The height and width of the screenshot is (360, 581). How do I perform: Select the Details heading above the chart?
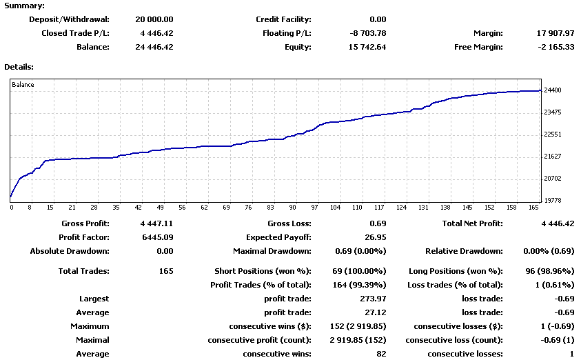(x=19, y=67)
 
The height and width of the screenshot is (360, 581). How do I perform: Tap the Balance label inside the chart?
(x=23, y=85)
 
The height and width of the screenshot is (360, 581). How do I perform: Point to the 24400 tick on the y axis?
(x=553, y=90)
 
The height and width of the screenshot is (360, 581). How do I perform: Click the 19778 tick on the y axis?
(x=553, y=201)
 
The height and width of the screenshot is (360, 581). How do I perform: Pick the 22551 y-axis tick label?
(x=553, y=134)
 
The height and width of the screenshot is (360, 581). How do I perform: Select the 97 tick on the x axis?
(x=314, y=207)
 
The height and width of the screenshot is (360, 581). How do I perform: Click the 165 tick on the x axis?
(x=533, y=207)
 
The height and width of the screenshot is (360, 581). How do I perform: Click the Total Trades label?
(x=84, y=271)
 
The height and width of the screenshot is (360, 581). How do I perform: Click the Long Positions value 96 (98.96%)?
(x=544, y=271)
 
